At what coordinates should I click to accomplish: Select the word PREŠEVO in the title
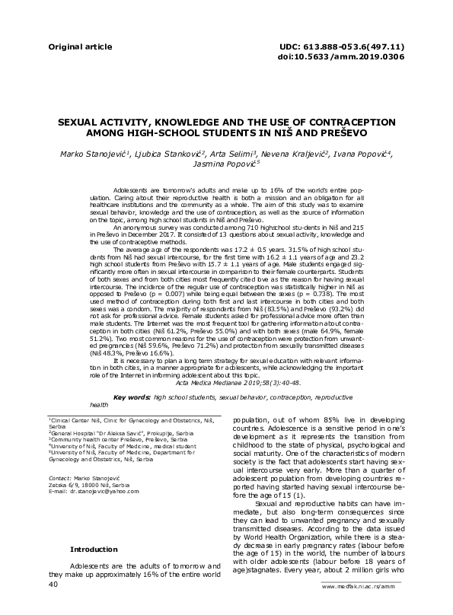click(344, 132)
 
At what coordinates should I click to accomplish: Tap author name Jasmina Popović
click(226, 164)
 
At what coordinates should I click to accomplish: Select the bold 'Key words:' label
click(130, 397)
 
